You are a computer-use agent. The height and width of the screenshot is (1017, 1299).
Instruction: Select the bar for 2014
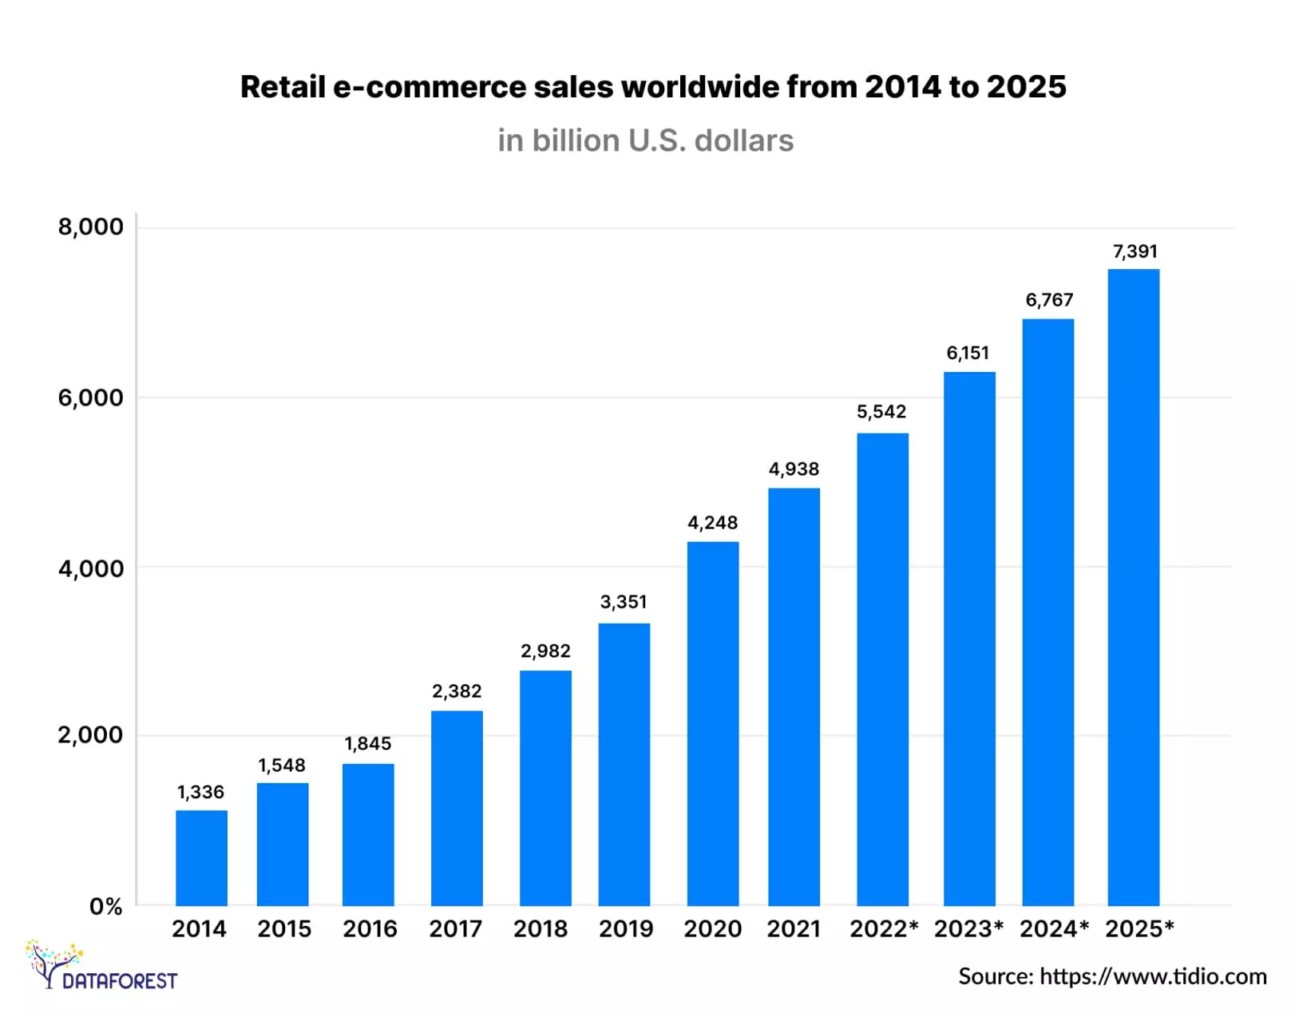[x=201, y=857]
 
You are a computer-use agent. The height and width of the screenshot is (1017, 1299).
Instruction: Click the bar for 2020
[x=712, y=723]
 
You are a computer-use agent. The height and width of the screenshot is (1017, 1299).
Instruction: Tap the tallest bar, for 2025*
[x=1133, y=587]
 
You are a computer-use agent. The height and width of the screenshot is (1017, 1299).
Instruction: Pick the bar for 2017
[x=457, y=807]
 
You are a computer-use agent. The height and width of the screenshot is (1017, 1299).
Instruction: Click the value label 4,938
[x=794, y=469]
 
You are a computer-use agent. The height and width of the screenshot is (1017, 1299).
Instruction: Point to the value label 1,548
[x=282, y=766]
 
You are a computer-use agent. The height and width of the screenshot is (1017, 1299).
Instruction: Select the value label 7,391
[x=1135, y=251]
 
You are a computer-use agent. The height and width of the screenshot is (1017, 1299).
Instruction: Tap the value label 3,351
[x=624, y=602]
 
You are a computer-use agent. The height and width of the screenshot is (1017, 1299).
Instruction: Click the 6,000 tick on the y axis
[x=90, y=398]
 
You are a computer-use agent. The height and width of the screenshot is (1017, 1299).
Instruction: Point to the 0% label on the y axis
[x=105, y=907]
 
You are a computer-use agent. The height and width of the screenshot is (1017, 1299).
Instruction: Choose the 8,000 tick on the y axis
[x=90, y=227]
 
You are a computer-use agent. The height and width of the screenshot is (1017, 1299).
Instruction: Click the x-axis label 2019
[x=625, y=929]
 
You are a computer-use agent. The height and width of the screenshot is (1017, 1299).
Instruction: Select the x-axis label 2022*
[x=883, y=929]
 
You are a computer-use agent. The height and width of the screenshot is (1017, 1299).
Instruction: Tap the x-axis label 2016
[x=370, y=929]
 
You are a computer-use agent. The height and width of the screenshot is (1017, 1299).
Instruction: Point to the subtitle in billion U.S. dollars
[x=645, y=140]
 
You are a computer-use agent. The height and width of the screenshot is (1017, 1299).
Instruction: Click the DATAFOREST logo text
[x=120, y=980]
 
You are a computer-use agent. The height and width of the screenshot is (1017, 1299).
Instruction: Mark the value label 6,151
[x=968, y=353]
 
